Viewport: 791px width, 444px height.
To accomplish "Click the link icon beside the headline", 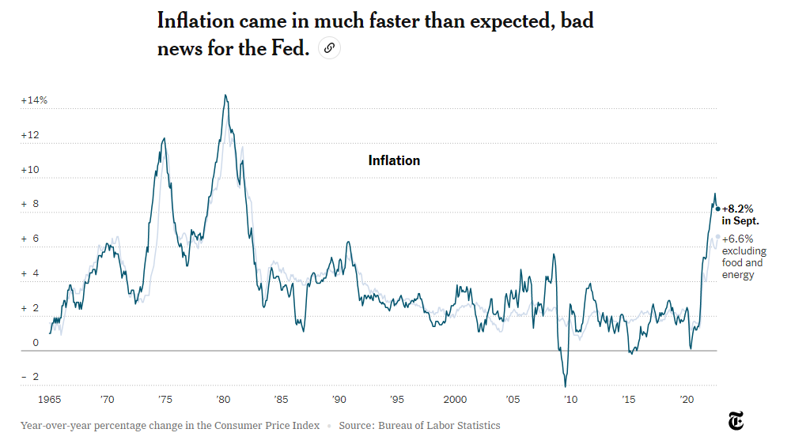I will (x=329, y=49).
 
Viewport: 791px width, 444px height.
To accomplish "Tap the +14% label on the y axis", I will (x=34, y=100).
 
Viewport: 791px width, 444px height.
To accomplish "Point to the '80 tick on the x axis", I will (x=222, y=400).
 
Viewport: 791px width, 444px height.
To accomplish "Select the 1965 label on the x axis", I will (x=49, y=400).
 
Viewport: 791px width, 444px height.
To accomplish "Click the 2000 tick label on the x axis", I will (x=455, y=400).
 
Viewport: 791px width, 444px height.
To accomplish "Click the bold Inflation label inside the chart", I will (x=394, y=160).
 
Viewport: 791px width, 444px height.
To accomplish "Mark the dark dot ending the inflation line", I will (x=718, y=209).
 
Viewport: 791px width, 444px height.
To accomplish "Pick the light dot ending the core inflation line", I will (x=718, y=236).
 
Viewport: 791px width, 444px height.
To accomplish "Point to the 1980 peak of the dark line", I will (x=225, y=96).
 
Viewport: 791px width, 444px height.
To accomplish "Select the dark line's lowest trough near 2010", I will (x=566, y=386).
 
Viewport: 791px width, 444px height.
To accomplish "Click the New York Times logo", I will (x=736, y=423).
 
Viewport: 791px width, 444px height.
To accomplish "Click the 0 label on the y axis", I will (x=36, y=343).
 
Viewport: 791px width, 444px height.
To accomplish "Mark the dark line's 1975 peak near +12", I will (x=164, y=138).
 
